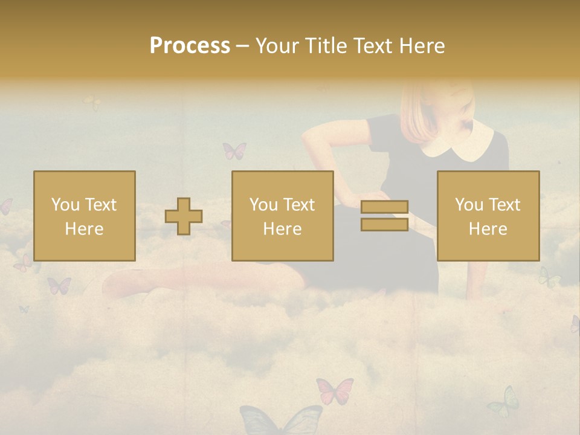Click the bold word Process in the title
pyautogui.click(x=190, y=46)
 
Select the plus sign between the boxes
pyautogui.click(x=184, y=216)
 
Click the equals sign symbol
pyautogui.click(x=384, y=216)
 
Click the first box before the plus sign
pyautogui.click(x=85, y=216)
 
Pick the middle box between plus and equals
pyautogui.click(x=282, y=216)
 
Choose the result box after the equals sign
pyautogui.click(x=488, y=216)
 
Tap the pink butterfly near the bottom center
pyautogui.click(x=335, y=390)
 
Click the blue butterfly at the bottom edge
pyautogui.click(x=281, y=420)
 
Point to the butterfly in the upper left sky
pyautogui.click(x=92, y=103)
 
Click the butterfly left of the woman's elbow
pyautogui.click(x=234, y=150)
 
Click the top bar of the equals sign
pyautogui.click(x=384, y=207)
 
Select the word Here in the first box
pyautogui.click(x=85, y=228)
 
